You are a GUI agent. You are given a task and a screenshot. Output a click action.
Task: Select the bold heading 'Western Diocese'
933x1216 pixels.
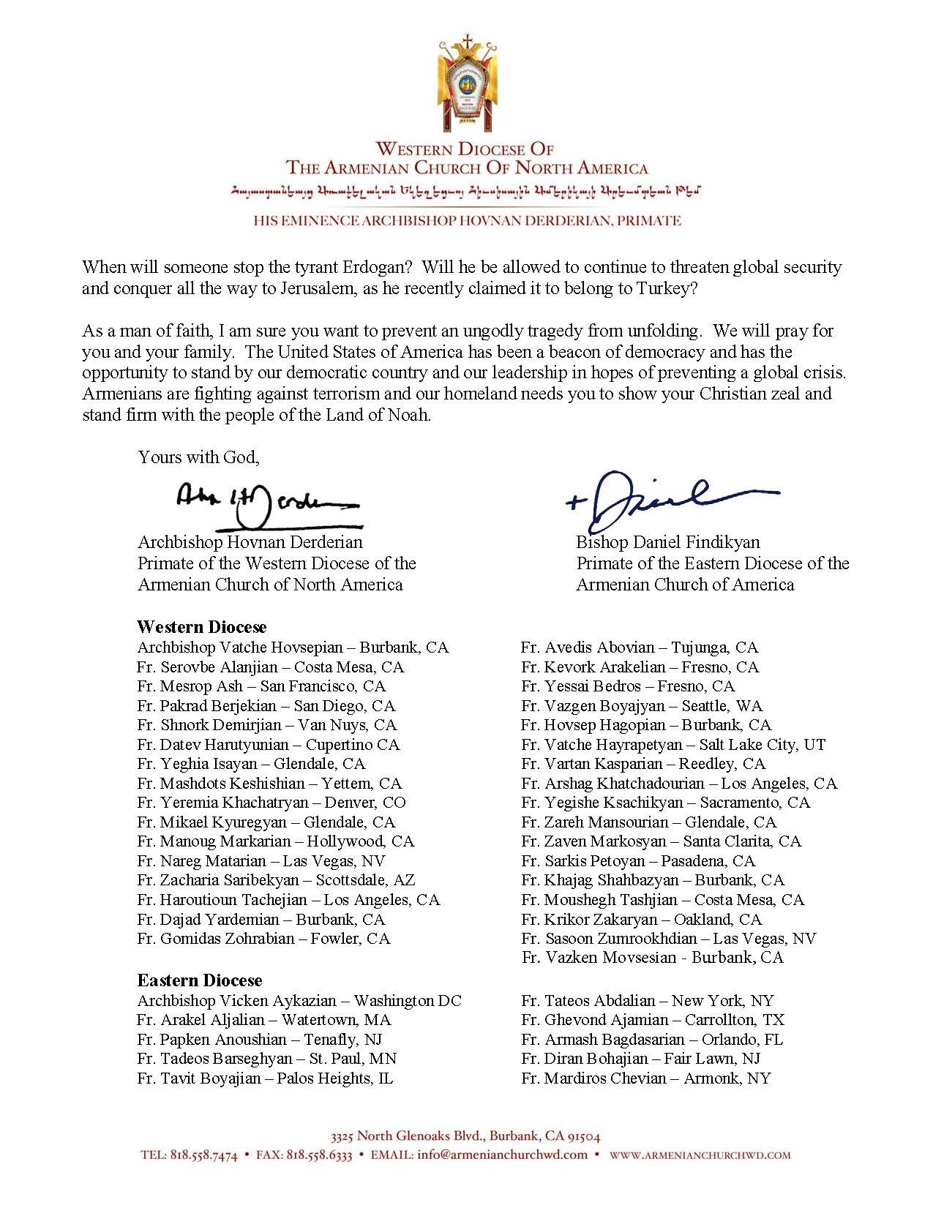click(201, 627)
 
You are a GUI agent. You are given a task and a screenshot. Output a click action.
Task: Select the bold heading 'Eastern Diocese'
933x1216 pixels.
click(199, 980)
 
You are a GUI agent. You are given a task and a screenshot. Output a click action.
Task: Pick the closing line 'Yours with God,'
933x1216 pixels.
click(199, 457)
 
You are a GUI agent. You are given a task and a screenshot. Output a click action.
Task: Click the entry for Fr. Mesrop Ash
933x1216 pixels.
click(261, 686)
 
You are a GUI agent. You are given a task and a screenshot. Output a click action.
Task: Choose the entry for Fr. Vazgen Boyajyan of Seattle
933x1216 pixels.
click(642, 706)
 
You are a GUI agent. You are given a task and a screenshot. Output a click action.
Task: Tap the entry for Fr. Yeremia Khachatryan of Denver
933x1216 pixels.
click(271, 803)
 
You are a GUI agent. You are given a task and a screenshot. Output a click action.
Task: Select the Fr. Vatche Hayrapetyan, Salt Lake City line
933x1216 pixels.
click(673, 745)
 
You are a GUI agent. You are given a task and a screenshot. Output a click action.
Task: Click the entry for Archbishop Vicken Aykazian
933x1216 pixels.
click(299, 1001)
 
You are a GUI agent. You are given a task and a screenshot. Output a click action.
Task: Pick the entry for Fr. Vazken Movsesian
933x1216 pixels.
click(653, 958)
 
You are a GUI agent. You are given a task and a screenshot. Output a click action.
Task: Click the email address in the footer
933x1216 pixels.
click(502, 1155)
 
